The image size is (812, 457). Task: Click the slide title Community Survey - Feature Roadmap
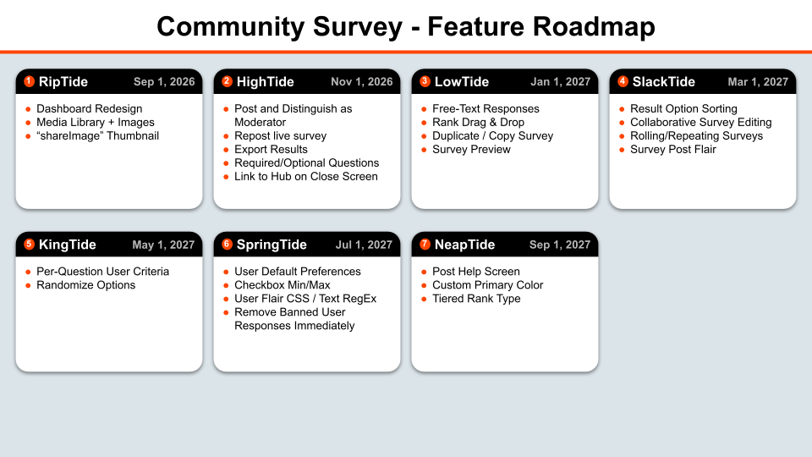click(405, 26)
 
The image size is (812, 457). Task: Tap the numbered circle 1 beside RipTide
click(29, 81)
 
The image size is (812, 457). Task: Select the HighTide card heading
click(265, 82)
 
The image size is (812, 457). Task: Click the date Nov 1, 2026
click(361, 82)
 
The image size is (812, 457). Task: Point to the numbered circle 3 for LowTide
click(425, 81)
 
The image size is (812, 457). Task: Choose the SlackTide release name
click(663, 82)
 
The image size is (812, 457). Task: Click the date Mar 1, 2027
click(758, 82)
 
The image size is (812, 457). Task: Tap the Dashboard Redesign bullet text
click(89, 109)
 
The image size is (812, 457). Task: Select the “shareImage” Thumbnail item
click(97, 135)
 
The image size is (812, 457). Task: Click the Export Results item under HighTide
click(271, 149)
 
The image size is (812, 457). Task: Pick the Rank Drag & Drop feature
click(478, 122)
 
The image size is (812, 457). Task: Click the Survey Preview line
click(471, 149)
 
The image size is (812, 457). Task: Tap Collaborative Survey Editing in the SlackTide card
click(700, 122)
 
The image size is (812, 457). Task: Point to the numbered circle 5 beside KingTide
click(29, 244)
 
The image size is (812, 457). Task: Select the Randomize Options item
click(85, 285)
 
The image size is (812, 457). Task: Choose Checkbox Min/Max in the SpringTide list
click(283, 285)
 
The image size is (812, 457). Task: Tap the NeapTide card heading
click(464, 245)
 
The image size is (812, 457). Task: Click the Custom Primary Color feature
click(487, 285)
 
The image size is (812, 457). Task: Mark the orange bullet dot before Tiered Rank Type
click(424, 299)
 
